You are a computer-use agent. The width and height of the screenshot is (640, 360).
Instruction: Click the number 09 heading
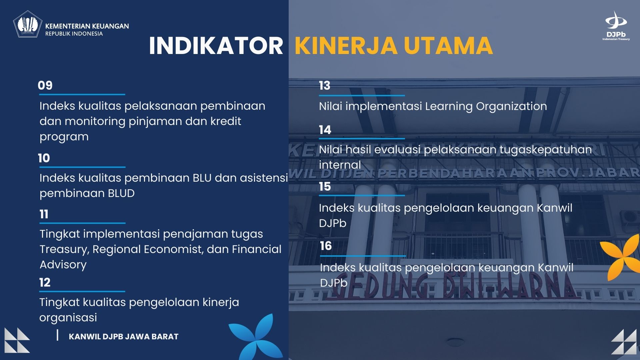pyautogui.click(x=45, y=85)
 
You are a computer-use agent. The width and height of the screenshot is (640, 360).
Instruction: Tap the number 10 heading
pyautogui.click(x=44, y=158)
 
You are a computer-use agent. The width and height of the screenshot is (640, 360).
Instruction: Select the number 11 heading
pyautogui.click(x=44, y=214)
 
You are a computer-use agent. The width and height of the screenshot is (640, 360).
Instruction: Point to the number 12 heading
pyautogui.click(x=45, y=282)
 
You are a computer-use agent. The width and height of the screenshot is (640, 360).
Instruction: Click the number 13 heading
pyautogui.click(x=324, y=86)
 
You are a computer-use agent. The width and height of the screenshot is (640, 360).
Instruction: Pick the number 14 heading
pyautogui.click(x=325, y=130)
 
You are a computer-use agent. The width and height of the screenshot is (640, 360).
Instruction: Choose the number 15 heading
pyautogui.click(x=325, y=186)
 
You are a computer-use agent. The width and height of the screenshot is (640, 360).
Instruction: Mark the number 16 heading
pyautogui.click(x=326, y=246)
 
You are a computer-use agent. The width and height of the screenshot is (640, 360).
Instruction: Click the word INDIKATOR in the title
pyautogui.click(x=216, y=46)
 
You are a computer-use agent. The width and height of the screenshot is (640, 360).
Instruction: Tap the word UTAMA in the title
pyautogui.click(x=448, y=46)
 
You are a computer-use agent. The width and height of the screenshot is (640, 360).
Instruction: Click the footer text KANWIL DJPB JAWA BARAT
pyautogui.click(x=123, y=337)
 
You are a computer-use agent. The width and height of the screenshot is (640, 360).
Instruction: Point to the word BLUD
pyautogui.click(x=121, y=193)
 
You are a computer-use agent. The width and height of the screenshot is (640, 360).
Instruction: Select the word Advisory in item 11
pyautogui.click(x=63, y=264)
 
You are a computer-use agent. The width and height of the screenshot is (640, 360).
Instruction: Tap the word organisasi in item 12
pyautogui.click(x=68, y=318)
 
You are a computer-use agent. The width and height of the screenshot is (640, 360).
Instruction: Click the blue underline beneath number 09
pyautogui.click(x=82, y=95)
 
